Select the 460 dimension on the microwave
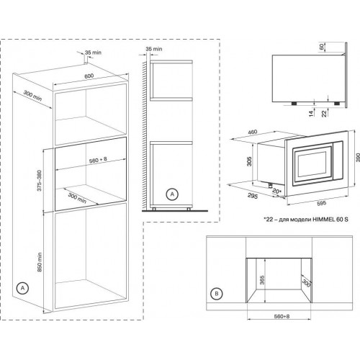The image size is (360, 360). tap(254, 132)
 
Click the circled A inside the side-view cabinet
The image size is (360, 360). tap(171, 194)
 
